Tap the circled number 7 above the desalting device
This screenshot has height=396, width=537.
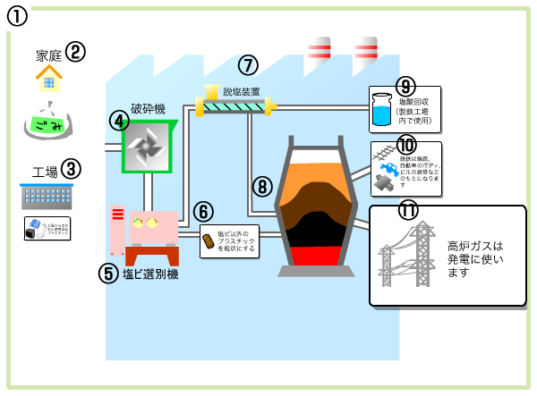pos(248,65)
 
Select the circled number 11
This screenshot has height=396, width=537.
pos(410,211)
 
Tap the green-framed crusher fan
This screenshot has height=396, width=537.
pos(147,145)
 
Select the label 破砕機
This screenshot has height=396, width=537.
pos(148,109)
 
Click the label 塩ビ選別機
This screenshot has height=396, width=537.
pos(150,274)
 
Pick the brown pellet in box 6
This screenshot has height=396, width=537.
pos(209,240)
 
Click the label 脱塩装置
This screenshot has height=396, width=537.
pos(241,91)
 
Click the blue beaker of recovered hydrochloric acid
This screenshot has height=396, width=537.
pos(383,109)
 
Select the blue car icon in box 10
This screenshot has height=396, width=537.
pos(391,169)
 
